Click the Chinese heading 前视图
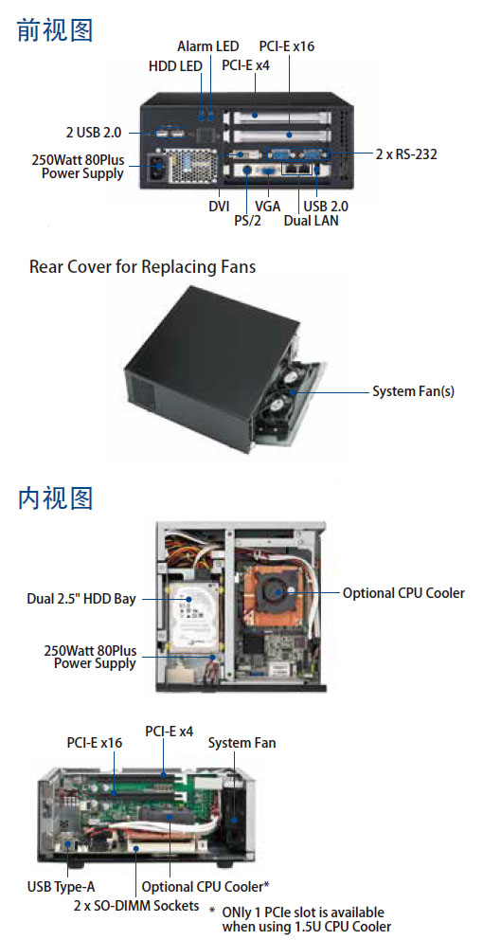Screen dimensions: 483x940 click(55, 30)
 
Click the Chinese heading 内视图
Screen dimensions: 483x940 click(55, 497)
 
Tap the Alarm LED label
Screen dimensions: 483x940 click(208, 46)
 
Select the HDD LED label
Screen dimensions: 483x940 click(175, 66)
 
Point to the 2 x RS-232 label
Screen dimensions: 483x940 click(406, 154)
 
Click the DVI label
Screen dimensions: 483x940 click(219, 207)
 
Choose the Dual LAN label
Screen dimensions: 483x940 click(311, 221)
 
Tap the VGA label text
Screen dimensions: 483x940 click(268, 207)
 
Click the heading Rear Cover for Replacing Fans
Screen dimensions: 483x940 click(143, 267)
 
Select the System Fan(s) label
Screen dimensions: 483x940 click(414, 391)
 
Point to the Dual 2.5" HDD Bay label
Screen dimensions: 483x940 click(81, 599)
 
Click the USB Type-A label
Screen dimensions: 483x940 click(62, 886)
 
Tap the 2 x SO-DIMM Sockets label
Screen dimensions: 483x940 click(136, 905)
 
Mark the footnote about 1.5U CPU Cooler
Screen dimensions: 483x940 click(303, 919)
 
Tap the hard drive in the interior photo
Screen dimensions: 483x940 click(191, 619)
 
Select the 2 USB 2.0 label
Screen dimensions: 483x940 click(94, 132)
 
